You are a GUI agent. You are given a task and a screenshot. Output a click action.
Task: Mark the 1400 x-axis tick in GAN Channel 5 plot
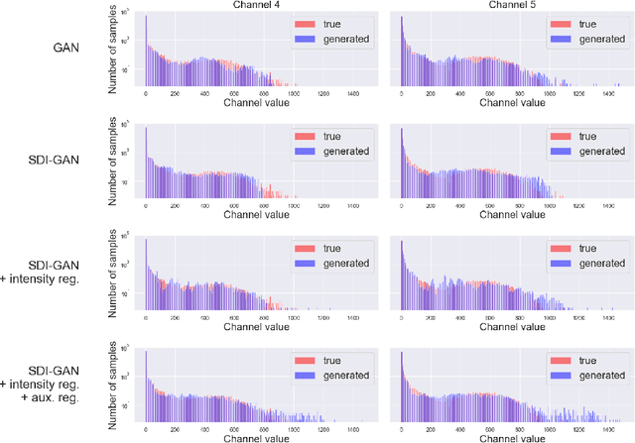pos(608,92)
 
